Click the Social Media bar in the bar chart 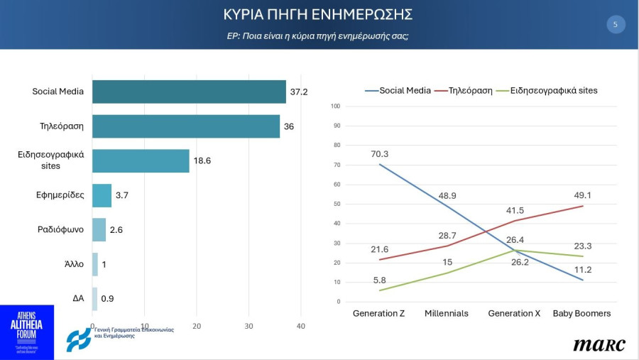[189, 92]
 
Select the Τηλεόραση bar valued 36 [186, 126]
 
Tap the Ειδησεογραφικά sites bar [141, 160]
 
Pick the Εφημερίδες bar [102, 195]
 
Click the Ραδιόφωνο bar [99, 229]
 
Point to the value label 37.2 [298, 92]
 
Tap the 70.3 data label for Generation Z [380, 153]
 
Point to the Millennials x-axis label [446, 313]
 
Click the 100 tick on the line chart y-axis [336, 107]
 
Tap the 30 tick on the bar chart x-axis [248, 326]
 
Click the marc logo [599, 344]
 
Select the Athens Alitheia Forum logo [26, 332]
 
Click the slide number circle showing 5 [615, 25]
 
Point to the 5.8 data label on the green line [380, 280]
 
